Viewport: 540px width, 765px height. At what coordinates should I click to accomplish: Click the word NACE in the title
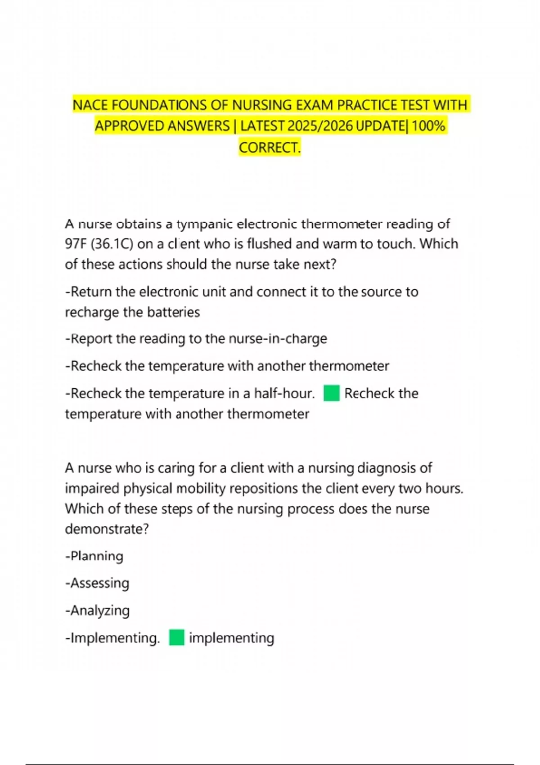point(90,105)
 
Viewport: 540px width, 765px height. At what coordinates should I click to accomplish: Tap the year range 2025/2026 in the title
point(320,126)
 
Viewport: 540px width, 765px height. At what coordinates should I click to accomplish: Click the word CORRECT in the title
point(268,148)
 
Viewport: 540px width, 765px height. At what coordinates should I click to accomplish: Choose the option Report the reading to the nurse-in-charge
point(196,339)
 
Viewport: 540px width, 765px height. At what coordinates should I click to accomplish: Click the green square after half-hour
point(332,393)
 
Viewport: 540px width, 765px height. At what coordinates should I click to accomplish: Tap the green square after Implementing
point(177,638)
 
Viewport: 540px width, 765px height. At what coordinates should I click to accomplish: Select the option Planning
point(94,556)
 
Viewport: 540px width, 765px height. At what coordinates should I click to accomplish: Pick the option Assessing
point(97,583)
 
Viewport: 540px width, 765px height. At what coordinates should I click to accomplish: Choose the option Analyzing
point(97,611)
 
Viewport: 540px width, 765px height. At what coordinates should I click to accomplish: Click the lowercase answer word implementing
point(232,638)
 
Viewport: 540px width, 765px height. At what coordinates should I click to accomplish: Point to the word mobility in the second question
point(201,488)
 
